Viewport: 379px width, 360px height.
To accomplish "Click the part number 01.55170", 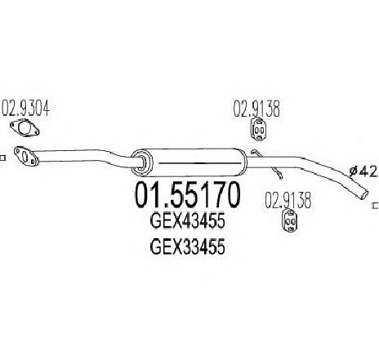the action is click(x=188, y=195).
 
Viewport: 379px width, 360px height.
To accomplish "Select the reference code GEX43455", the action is click(x=188, y=221).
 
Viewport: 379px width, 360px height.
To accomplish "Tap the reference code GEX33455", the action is click(x=188, y=247).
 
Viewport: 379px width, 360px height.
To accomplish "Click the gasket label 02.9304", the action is click(x=26, y=108).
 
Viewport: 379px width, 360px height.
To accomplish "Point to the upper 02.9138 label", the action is click(x=256, y=109).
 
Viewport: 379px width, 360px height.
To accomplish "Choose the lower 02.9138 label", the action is click(x=288, y=200).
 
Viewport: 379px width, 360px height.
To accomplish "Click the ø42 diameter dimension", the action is click(x=363, y=171).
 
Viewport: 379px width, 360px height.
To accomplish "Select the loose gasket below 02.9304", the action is click(x=25, y=127).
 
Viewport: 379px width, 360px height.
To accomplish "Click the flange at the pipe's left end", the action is click(x=26, y=156).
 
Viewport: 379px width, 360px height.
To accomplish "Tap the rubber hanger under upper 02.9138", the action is click(x=258, y=129).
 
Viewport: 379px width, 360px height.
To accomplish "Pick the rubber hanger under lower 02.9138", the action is click(x=289, y=220).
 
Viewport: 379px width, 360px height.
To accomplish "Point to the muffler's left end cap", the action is click(x=141, y=162).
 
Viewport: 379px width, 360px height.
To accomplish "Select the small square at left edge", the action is click(x=2, y=158).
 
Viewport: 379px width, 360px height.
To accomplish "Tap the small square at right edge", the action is click(x=376, y=206).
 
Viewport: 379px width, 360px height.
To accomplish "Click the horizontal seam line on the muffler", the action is click(x=199, y=163).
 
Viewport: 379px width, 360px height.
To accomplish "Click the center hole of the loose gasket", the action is click(x=25, y=128).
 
